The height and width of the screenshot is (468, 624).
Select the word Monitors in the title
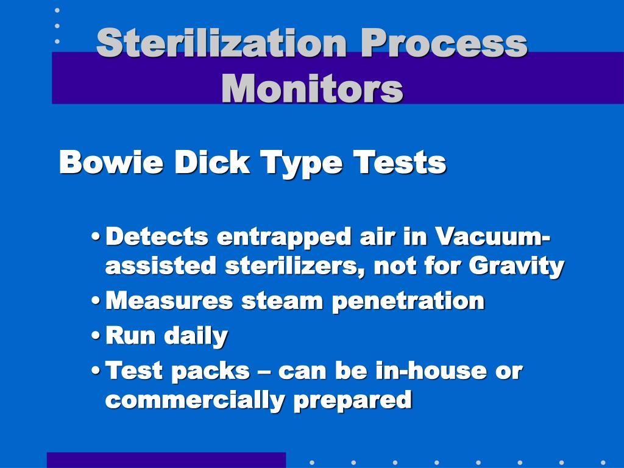(x=312, y=88)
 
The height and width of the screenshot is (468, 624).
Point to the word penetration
(x=408, y=300)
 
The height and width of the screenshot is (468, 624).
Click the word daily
(x=198, y=336)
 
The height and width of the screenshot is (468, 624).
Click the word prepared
(x=352, y=400)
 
